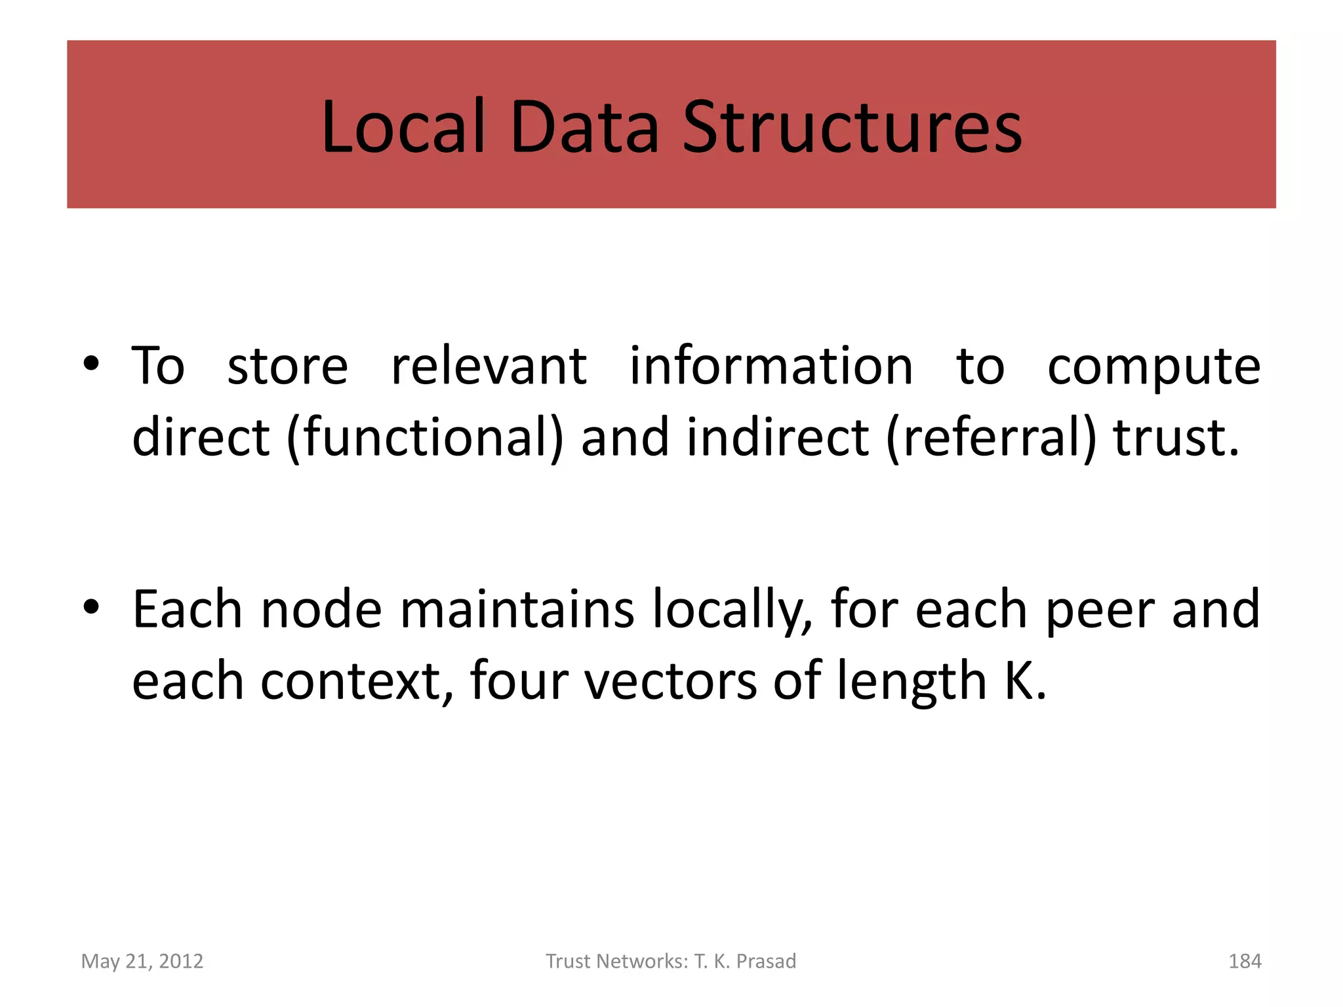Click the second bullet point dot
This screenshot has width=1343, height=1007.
point(91,607)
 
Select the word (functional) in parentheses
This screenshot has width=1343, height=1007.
point(425,438)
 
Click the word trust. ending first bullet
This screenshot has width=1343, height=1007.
point(1176,438)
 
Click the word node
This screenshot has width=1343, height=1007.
point(321,610)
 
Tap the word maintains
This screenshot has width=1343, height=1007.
point(517,610)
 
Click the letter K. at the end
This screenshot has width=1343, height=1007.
point(1025,682)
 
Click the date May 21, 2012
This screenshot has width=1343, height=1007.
point(142,961)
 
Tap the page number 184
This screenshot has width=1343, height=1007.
point(1245,961)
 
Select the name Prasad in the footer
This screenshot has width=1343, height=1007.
point(766,961)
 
